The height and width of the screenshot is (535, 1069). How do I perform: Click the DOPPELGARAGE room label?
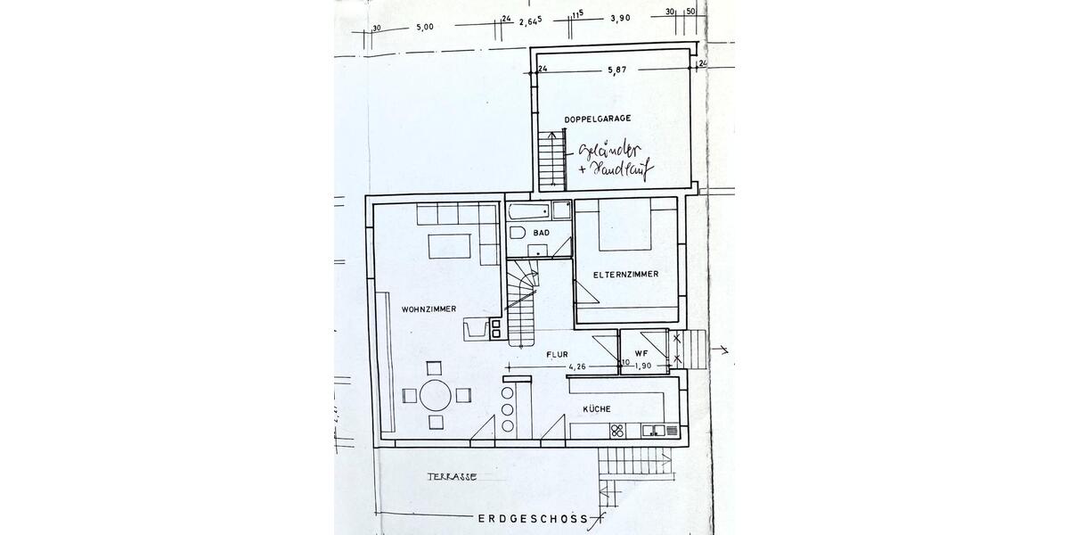tap(597, 119)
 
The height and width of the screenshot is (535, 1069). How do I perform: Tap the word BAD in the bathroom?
tap(541, 233)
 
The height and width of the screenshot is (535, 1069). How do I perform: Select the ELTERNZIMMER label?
tap(625, 275)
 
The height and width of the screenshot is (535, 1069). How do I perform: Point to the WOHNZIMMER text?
tap(428, 309)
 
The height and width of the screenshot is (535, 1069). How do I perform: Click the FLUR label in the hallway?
tap(557, 354)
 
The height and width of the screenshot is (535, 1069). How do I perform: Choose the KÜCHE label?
tap(596, 408)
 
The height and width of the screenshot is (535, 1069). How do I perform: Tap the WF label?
tap(640, 353)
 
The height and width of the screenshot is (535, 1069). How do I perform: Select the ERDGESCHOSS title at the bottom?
tap(533, 518)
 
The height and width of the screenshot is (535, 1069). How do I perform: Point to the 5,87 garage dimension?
tap(616, 69)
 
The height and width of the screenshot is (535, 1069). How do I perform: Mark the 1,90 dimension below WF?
tap(643, 365)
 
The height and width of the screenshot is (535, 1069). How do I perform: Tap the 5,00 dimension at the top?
tap(425, 27)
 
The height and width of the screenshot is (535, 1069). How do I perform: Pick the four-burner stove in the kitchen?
tap(616, 432)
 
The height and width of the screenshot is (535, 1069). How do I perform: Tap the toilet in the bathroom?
tap(518, 234)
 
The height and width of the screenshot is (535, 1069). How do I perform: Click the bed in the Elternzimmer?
tap(624, 226)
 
